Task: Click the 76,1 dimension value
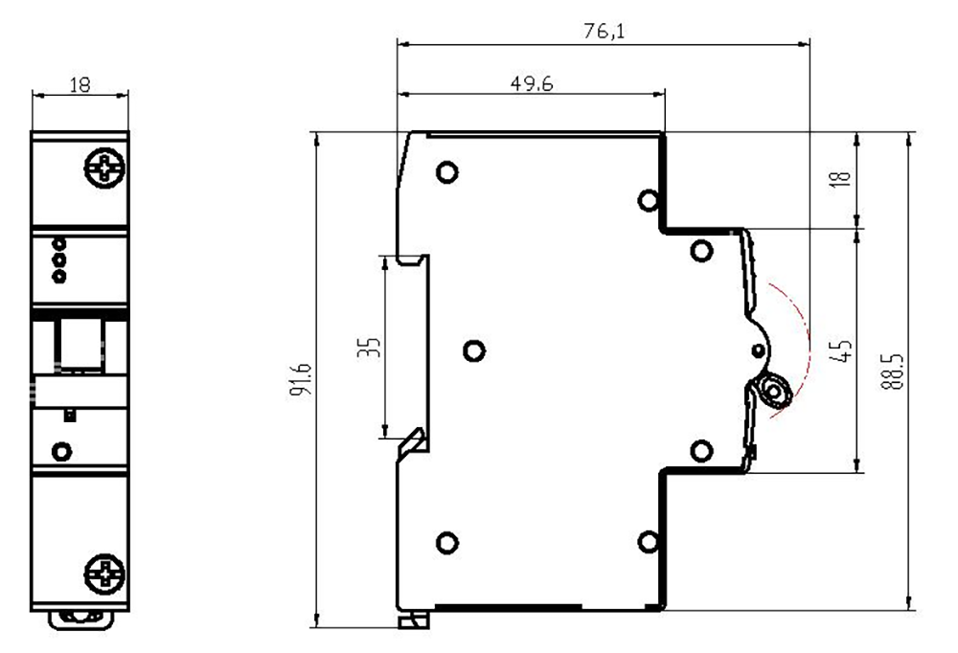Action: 604,30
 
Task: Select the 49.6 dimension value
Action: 532,83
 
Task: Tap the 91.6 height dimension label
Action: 301,379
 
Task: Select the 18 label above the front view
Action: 80,84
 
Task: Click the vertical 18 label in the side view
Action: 841,178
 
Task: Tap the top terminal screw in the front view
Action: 104,168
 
